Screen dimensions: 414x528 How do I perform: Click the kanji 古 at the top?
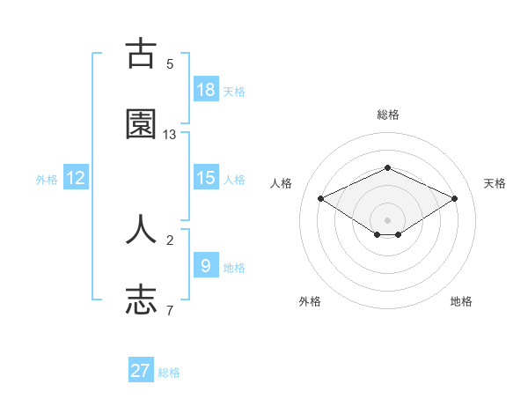coord(141,54)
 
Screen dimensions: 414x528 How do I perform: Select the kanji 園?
coord(141,124)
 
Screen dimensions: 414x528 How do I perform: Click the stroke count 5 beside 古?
coord(170,63)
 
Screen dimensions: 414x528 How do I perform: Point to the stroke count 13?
coord(170,135)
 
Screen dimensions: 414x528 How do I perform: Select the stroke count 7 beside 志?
coord(170,310)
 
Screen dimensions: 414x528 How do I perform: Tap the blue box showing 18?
coord(206,90)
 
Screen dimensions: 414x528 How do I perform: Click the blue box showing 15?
coord(206,178)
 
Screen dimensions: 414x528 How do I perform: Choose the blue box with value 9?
coord(206,265)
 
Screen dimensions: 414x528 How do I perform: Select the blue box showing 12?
coord(76,178)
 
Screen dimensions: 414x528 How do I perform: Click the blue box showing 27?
coord(141,371)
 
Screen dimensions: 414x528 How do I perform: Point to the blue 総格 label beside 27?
coord(169,373)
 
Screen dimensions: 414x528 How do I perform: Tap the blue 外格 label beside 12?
coord(47,180)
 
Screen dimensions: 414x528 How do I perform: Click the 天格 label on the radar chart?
coord(495,183)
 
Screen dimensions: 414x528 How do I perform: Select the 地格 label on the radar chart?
coord(461,301)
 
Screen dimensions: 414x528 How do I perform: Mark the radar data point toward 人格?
coord(320,198)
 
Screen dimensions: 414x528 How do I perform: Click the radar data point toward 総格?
coord(387,167)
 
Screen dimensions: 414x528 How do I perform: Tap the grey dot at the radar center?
coord(387,219)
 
